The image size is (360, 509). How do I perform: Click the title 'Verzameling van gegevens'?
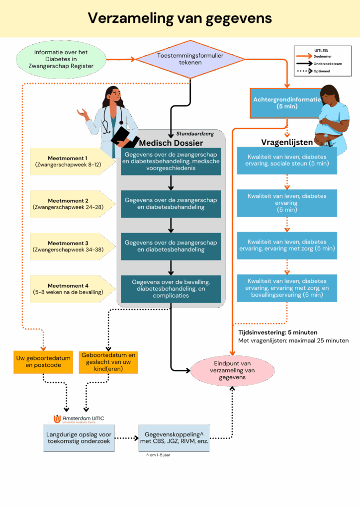pyautogui.click(x=180, y=18)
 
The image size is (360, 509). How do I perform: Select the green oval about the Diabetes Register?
pyautogui.click(x=61, y=59)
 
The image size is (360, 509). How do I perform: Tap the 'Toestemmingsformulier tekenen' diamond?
pyautogui.click(x=190, y=59)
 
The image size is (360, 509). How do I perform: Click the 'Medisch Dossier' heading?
pyautogui.click(x=171, y=143)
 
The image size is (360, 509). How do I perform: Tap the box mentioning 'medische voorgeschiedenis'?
pyautogui.click(x=171, y=161)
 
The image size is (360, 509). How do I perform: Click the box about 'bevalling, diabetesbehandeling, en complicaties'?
pyautogui.click(x=171, y=288)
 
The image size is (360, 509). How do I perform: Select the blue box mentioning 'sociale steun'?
pyautogui.click(x=286, y=160)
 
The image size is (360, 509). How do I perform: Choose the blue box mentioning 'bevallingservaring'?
pyautogui.click(x=286, y=288)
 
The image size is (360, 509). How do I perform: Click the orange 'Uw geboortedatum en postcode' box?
pyautogui.click(x=43, y=362)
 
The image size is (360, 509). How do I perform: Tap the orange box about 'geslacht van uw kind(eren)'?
pyautogui.click(x=108, y=362)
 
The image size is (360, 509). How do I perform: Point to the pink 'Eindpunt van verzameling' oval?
pyautogui.click(x=232, y=370)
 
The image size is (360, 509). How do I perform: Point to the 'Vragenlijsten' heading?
pyautogui.click(x=286, y=142)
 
